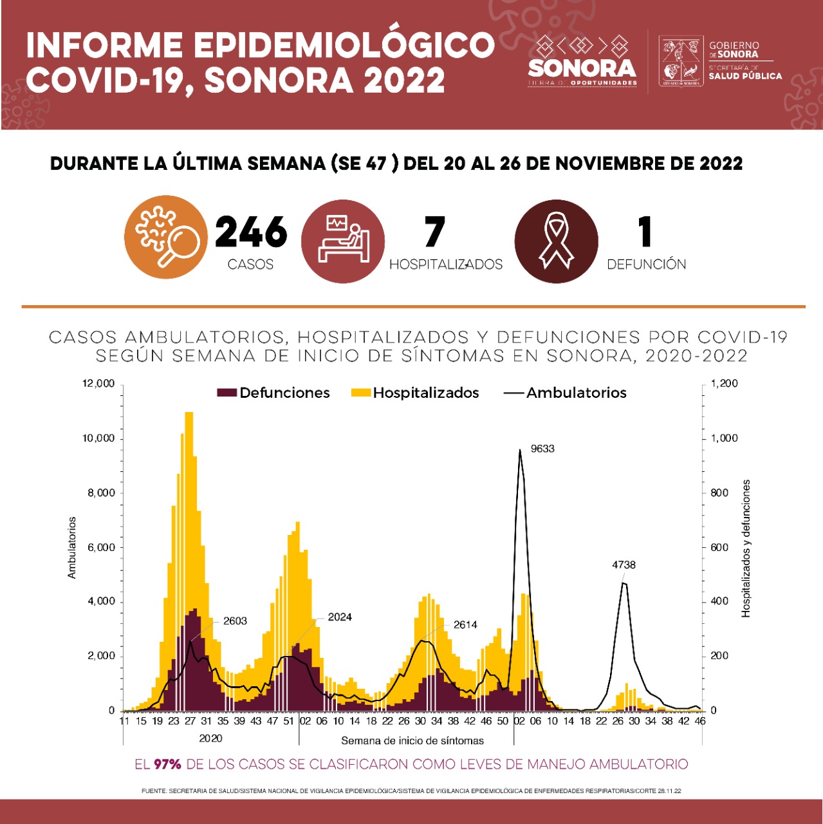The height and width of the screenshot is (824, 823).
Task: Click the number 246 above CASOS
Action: [x=251, y=232]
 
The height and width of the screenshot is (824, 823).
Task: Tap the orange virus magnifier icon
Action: [x=166, y=237]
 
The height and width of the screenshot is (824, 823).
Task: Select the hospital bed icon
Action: [x=343, y=241]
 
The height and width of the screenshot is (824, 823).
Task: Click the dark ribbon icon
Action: [x=556, y=241]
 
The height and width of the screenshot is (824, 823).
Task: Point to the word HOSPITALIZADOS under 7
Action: [x=446, y=265]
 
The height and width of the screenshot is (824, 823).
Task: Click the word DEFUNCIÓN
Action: [x=646, y=265]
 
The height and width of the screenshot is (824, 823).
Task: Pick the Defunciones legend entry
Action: [x=274, y=393]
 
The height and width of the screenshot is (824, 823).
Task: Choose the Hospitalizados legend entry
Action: [x=416, y=393]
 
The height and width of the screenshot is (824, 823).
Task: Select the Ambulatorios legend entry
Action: [x=566, y=393]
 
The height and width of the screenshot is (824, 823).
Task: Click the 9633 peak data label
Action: [x=542, y=449]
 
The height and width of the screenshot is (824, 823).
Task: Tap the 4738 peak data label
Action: [x=624, y=565]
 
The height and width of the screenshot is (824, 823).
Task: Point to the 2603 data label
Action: [x=235, y=621]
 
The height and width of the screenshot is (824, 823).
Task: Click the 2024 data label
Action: [x=340, y=617]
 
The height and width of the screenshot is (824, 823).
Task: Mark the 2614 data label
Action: [x=465, y=624]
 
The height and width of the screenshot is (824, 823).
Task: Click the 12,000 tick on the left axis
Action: [x=98, y=384]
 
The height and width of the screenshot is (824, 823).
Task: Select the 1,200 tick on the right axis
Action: [x=725, y=384]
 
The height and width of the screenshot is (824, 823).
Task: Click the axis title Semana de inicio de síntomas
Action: [x=412, y=740]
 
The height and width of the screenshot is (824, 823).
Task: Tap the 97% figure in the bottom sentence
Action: [x=167, y=764]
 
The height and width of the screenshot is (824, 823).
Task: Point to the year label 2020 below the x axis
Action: [x=210, y=738]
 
